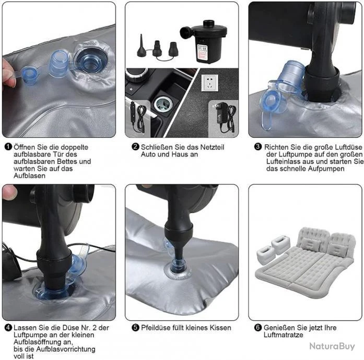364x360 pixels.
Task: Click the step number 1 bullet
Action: click(x=8, y=147)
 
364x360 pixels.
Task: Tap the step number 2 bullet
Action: click(x=135, y=147)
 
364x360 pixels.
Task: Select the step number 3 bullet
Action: click(x=258, y=147)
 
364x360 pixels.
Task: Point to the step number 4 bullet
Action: click(x=8, y=328)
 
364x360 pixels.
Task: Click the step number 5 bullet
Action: click(x=135, y=328)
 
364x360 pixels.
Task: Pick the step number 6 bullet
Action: click(x=258, y=328)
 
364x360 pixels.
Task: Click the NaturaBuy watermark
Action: click(x=332, y=346)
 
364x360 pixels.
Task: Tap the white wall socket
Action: click(x=209, y=83)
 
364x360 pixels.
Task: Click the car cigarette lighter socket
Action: click(x=163, y=104)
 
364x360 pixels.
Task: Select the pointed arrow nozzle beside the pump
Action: click(x=141, y=46)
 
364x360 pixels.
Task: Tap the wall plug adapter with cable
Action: click(x=224, y=118)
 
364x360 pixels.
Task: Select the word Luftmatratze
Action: click(x=283, y=335)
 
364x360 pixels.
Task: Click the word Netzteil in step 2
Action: click(x=212, y=147)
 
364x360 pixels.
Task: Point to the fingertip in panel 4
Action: click(x=9, y=192)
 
